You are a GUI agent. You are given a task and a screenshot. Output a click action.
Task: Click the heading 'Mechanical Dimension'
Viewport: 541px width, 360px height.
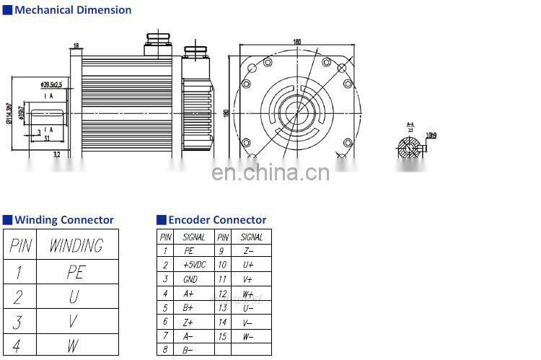click(73, 10)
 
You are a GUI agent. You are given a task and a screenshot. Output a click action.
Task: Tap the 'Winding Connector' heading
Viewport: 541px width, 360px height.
click(64, 220)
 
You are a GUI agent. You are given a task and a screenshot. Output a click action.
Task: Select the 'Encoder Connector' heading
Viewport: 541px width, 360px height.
click(217, 220)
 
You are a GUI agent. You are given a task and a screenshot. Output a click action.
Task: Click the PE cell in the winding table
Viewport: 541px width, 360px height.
click(76, 273)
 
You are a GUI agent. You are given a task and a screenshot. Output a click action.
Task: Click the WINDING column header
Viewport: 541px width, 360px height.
click(76, 246)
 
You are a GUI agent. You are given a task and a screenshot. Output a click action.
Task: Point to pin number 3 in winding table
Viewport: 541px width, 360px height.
click(18, 321)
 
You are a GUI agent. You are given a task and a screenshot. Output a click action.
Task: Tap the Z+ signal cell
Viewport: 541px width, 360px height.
click(189, 321)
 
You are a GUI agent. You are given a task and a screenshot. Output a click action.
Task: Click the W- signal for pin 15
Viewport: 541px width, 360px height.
click(248, 335)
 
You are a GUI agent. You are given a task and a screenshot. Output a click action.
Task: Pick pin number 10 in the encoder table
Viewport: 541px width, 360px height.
click(223, 265)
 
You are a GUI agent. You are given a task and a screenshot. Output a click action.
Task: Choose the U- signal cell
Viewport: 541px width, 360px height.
click(248, 307)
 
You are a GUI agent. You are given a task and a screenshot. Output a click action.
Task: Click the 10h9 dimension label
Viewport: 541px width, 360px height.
click(431, 135)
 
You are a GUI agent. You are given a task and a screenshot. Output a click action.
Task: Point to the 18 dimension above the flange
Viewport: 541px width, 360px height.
click(76, 46)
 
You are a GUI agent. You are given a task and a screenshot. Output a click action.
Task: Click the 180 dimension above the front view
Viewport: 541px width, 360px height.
click(296, 41)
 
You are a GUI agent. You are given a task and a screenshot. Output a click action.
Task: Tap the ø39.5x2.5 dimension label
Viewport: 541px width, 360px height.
click(53, 85)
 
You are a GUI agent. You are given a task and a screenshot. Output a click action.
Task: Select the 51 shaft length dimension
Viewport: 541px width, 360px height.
click(47, 139)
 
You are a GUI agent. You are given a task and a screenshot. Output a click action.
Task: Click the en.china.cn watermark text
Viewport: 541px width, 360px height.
click(270, 172)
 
